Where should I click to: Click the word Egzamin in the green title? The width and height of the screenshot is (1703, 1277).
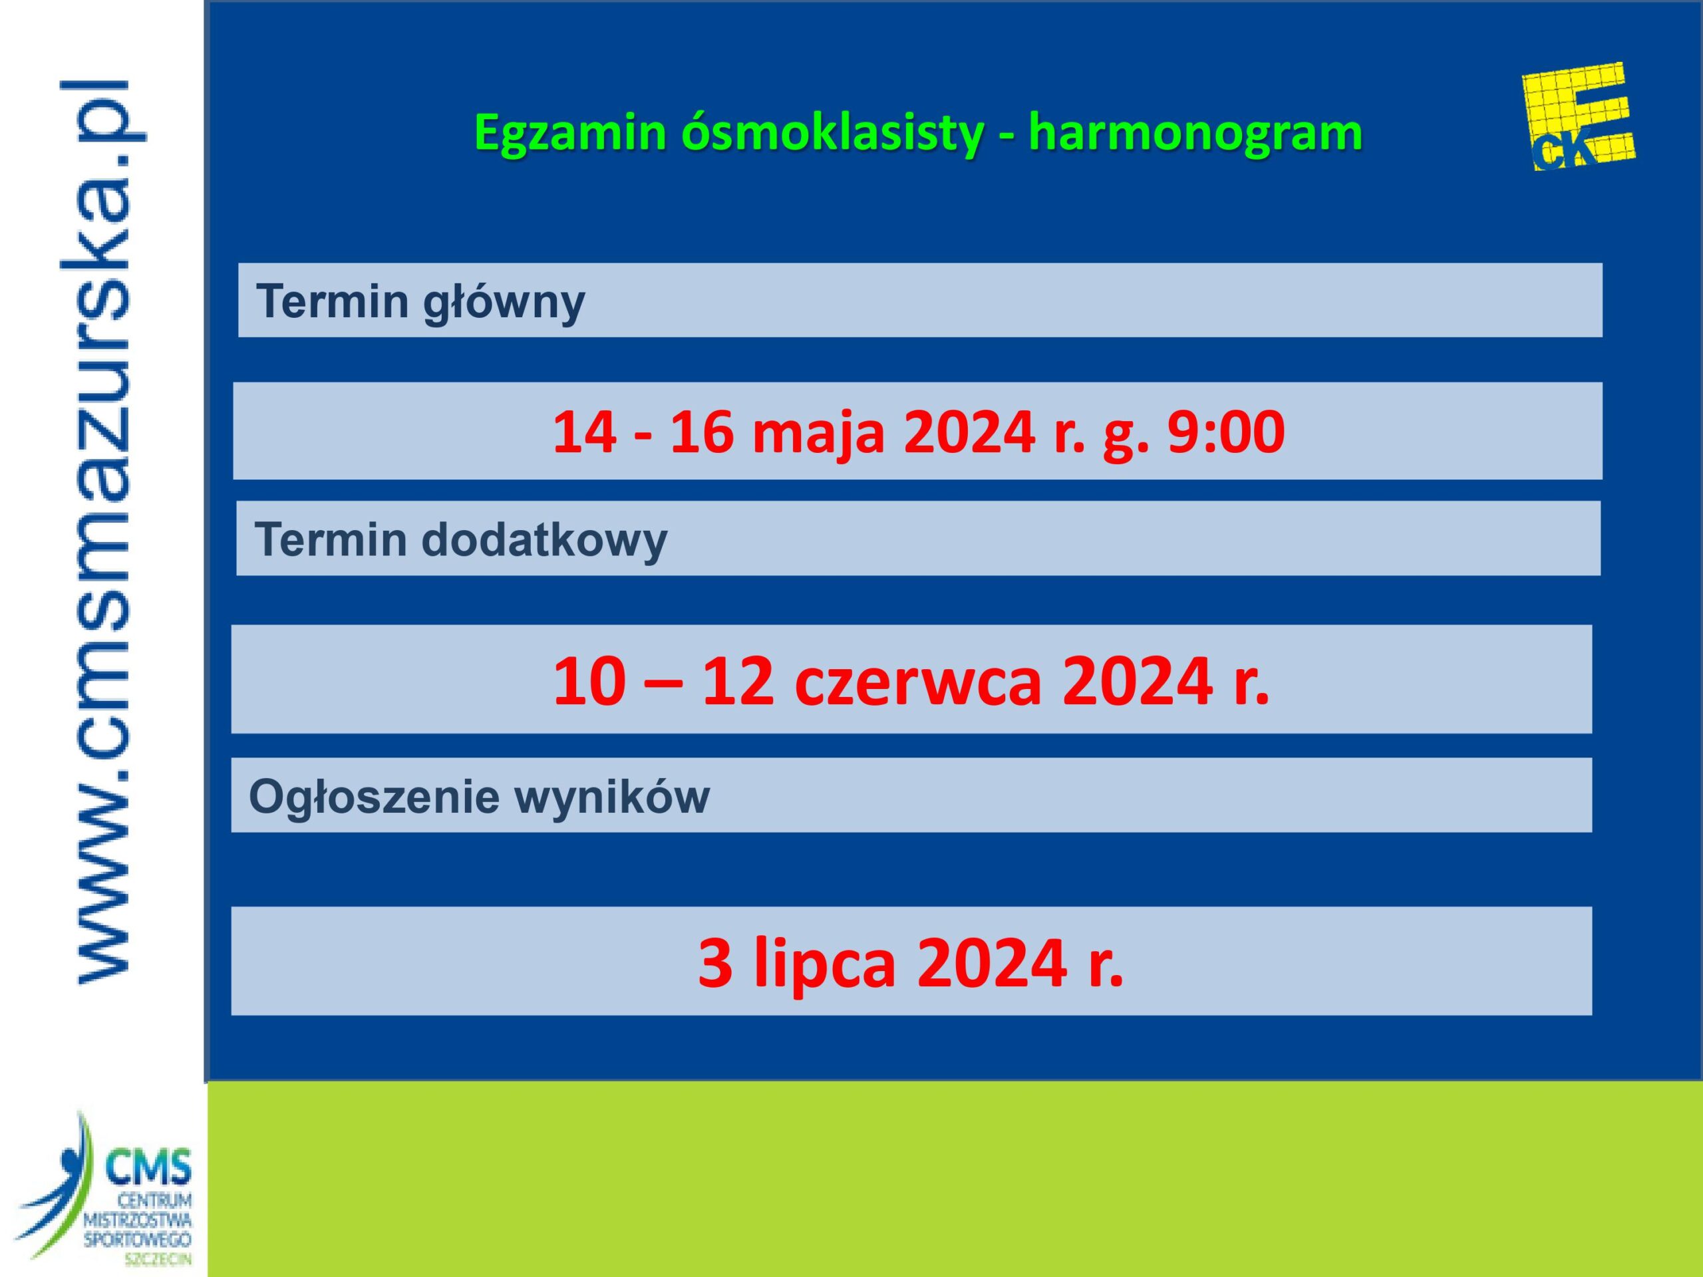point(569,133)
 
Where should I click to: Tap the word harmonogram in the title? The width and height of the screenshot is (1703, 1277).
point(1195,132)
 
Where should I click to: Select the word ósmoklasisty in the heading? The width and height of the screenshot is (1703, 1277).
point(832,133)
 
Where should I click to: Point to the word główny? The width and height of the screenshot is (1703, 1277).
point(504,301)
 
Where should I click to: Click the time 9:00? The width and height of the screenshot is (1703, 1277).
point(1225,431)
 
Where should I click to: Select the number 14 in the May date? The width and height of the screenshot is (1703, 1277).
point(584,431)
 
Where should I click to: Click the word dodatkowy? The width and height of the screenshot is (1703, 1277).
point(544,539)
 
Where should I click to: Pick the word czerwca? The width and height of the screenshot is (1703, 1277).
point(917,682)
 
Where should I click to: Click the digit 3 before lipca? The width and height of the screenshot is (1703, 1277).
point(715,963)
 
